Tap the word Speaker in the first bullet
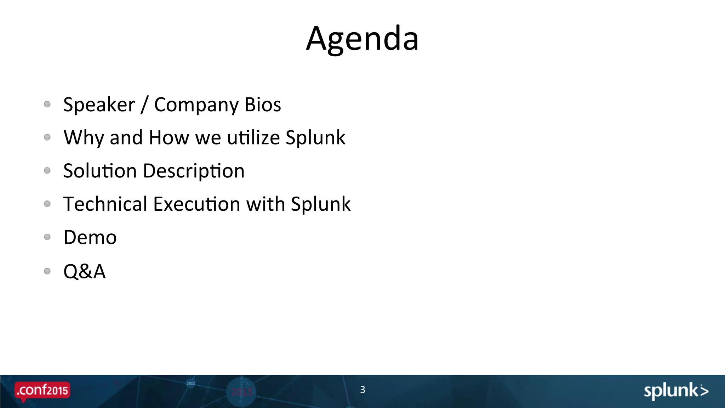(99, 105)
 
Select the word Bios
(263, 105)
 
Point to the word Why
(84, 138)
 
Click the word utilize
(253, 138)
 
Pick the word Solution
(100, 171)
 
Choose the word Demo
(90, 238)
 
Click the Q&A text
(84, 272)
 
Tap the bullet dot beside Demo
(47, 237)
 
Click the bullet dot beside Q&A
(47, 271)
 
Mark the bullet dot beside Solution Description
(47, 171)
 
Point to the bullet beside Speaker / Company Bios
(47, 104)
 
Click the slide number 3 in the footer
(362, 390)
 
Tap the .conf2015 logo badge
(42, 391)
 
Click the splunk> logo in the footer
(676, 391)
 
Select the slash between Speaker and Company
(144, 105)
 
